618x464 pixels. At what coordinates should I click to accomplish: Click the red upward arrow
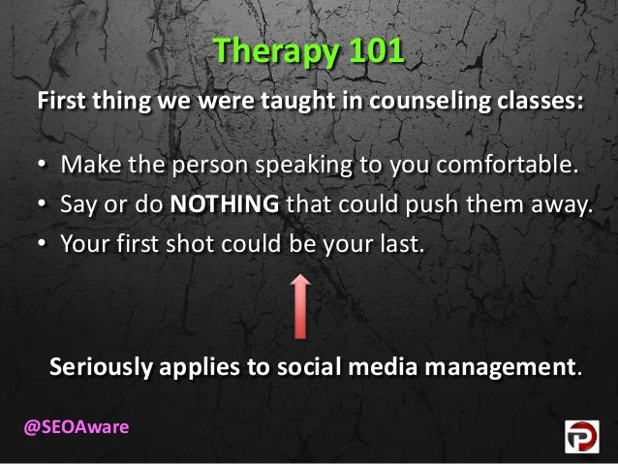tap(301, 304)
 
